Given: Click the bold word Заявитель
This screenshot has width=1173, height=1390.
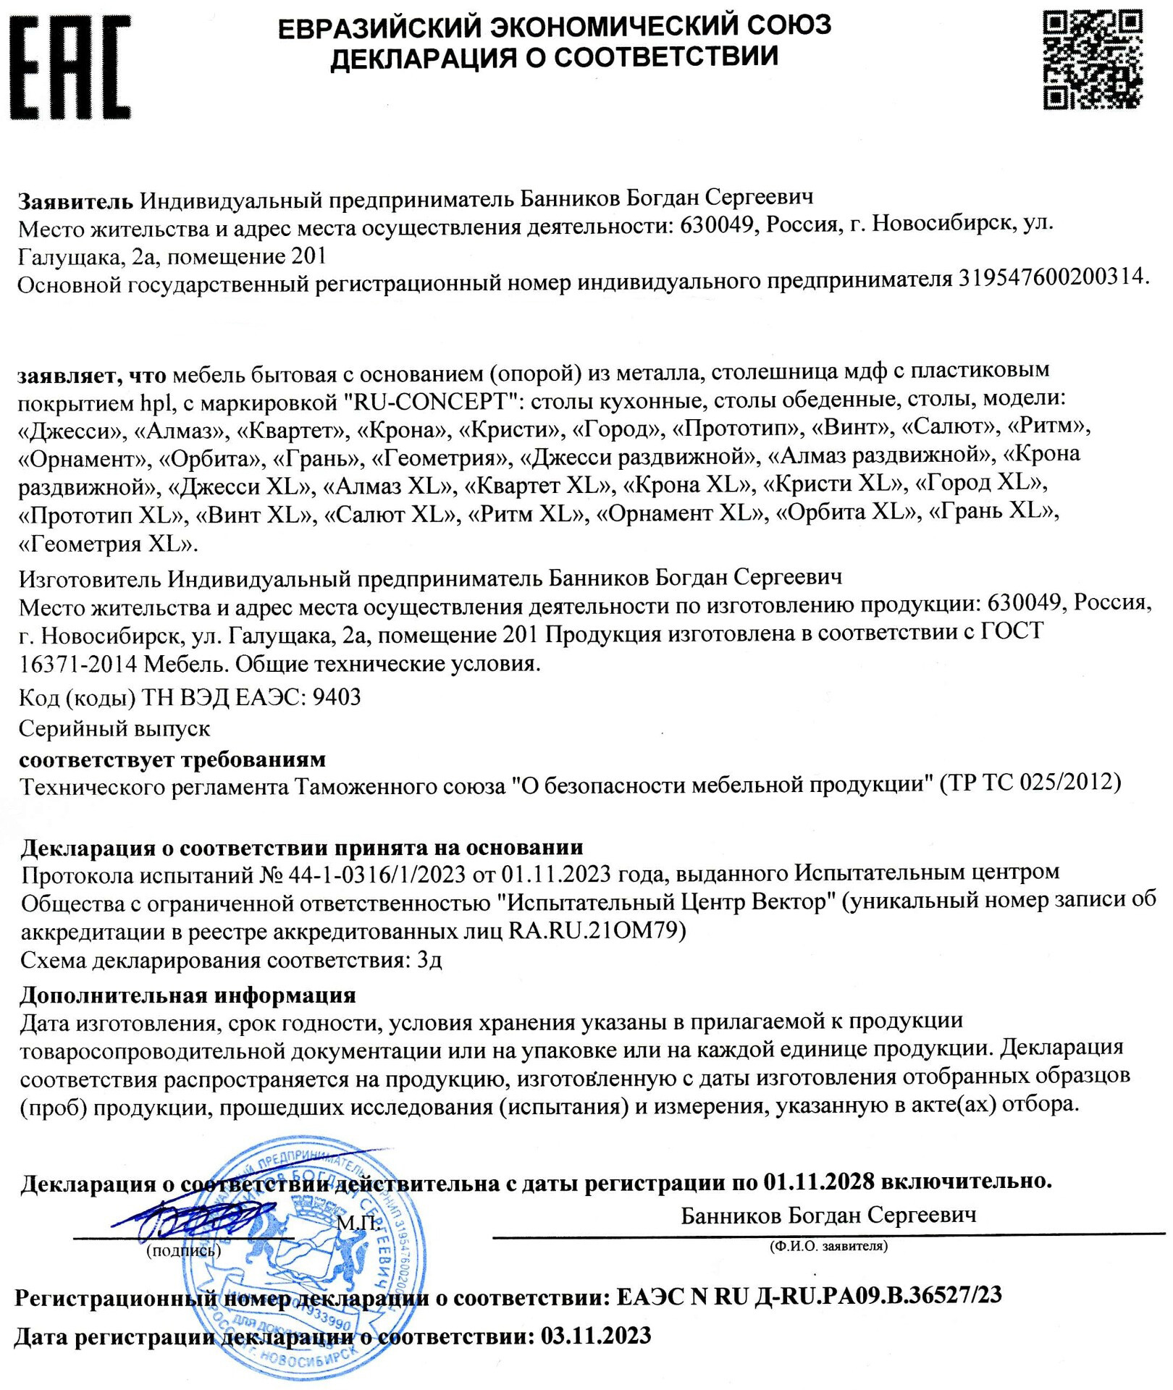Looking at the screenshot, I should coord(75,200).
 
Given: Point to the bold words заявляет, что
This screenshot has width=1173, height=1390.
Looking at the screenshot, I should coord(92,374).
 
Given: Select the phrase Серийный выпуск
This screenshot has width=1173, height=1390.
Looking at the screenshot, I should coord(114,728).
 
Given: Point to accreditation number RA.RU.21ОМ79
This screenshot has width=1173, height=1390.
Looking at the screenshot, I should coord(597,930).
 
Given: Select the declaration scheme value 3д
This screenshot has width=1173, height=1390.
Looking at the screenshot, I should coord(429,960).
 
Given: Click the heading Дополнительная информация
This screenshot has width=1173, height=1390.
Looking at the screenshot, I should coord(188,995).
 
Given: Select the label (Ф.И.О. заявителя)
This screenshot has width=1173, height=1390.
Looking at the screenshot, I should coord(828,1246).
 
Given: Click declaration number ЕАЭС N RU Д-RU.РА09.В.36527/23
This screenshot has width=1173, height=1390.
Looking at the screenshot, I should coord(809,1295).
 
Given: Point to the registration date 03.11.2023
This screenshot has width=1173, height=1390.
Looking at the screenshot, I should coord(595,1335).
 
